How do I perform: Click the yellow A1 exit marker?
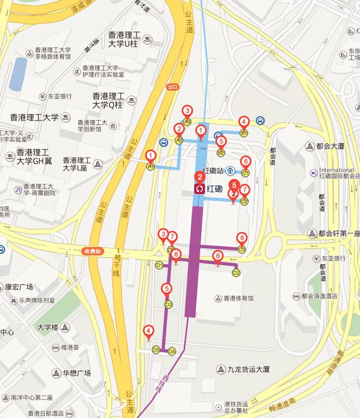point(151,166)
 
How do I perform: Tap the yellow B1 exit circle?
point(244,133)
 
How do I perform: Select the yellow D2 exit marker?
point(236,273)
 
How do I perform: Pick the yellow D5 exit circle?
point(156,350)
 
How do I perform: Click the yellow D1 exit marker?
point(160,266)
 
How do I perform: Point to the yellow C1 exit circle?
point(245,174)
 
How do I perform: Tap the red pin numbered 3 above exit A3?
point(187,111)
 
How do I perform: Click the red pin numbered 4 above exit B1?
point(244,122)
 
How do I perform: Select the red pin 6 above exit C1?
point(245,162)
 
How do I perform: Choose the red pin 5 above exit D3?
point(167,289)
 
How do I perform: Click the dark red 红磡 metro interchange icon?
point(200,189)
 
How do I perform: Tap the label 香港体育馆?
point(238,298)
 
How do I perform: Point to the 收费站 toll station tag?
point(93,252)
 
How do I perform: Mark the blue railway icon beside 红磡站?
point(231,170)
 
